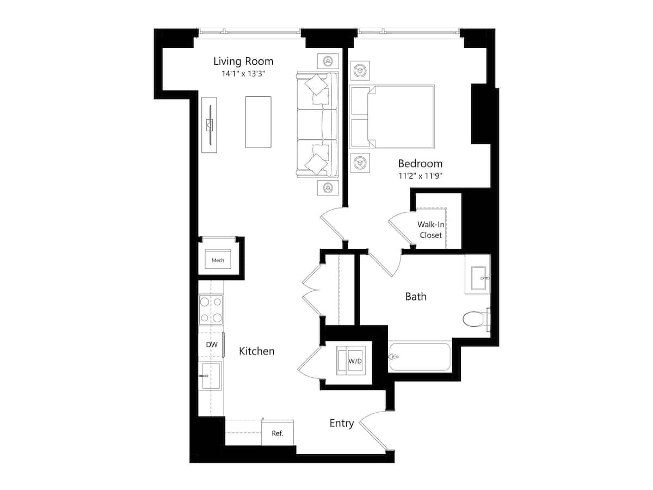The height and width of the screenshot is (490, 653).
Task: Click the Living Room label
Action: coord(243,62)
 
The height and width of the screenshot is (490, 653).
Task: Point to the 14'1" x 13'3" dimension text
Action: coord(243,74)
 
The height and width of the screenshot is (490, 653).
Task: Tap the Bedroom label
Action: coord(420,164)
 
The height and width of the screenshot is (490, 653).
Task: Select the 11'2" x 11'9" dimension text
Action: coord(420,176)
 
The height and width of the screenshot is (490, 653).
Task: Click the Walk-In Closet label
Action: coord(431,230)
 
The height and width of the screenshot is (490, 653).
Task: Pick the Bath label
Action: coord(416,297)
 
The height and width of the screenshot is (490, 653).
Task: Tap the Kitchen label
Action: coord(256,351)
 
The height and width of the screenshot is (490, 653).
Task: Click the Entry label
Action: coord(342,424)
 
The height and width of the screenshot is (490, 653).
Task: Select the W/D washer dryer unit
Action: coord(351,360)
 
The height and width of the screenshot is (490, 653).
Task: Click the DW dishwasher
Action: coord(211,345)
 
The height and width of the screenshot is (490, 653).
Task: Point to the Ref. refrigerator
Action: coord(278,433)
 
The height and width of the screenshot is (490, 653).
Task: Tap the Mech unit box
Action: coord(218,259)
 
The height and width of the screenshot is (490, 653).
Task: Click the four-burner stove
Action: coord(211,310)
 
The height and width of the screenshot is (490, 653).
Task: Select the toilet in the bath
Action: coord(476,319)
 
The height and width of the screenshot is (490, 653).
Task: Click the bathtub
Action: coord(420,357)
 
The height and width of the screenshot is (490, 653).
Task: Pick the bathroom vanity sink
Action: coord(477,274)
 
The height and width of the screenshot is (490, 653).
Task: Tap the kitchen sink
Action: coord(211,376)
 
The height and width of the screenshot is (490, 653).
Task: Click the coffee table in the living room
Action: coord(258,122)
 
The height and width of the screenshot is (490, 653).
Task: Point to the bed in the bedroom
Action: coord(391,117)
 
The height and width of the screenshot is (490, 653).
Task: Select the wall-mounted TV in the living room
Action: coord(210,125)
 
